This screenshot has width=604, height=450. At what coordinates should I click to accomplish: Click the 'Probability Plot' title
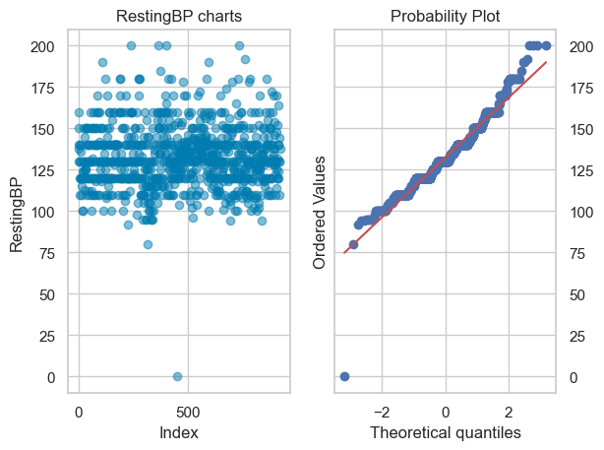(x=445, y=17)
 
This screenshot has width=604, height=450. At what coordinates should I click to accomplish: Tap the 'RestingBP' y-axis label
(x=18, y=212)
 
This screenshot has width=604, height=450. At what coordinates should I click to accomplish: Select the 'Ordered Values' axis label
(x=321, y=212)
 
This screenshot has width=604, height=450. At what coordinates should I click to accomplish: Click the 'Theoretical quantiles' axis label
(x=445, y=433)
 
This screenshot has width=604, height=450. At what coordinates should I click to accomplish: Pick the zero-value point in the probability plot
(x=344, y=377)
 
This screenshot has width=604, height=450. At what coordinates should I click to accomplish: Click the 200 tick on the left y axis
(x=45, y=46)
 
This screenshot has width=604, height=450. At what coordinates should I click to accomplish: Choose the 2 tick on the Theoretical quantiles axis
(x=509, y=412)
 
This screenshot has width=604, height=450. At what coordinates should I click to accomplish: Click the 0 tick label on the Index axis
(x=80, y=412)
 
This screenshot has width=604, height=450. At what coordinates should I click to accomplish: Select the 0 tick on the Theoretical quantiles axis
(x=446, y=412)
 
